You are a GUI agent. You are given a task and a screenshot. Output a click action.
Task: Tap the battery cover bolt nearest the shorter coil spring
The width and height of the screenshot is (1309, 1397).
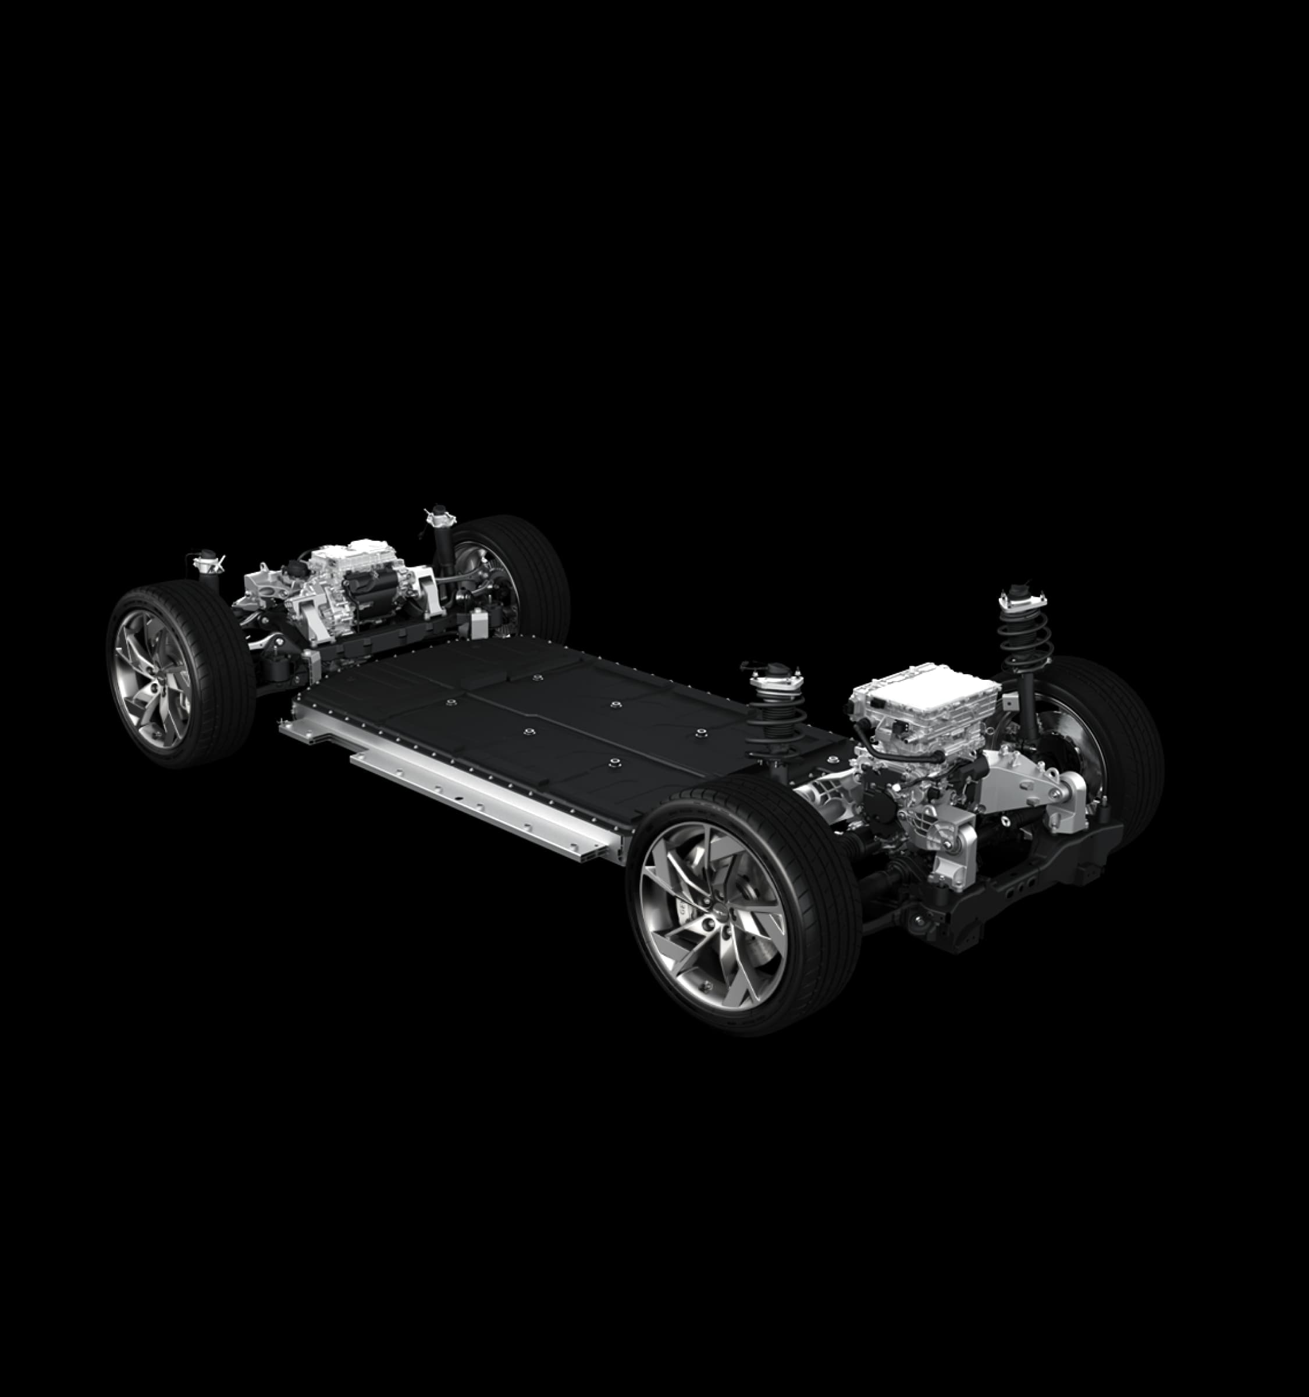[699, 733]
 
